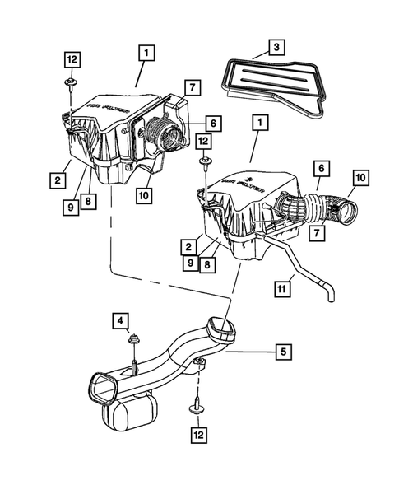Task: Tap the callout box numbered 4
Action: pos(120,319)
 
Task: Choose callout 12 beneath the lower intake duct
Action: pos(197,433)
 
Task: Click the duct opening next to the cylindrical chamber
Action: pos(106,388)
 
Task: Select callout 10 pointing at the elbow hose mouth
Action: pos(360,177)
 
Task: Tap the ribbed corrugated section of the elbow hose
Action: pos(290,207)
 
